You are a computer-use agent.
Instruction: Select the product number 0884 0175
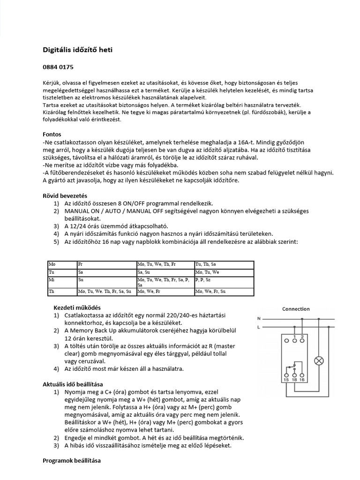(x=58, y=67)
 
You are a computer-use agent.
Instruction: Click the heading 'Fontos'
(x=52, y=134)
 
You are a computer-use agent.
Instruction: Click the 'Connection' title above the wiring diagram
(x=295, y=309)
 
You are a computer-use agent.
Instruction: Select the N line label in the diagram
(x=258, y=319)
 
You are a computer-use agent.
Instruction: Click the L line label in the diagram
(x=258, y=328)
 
